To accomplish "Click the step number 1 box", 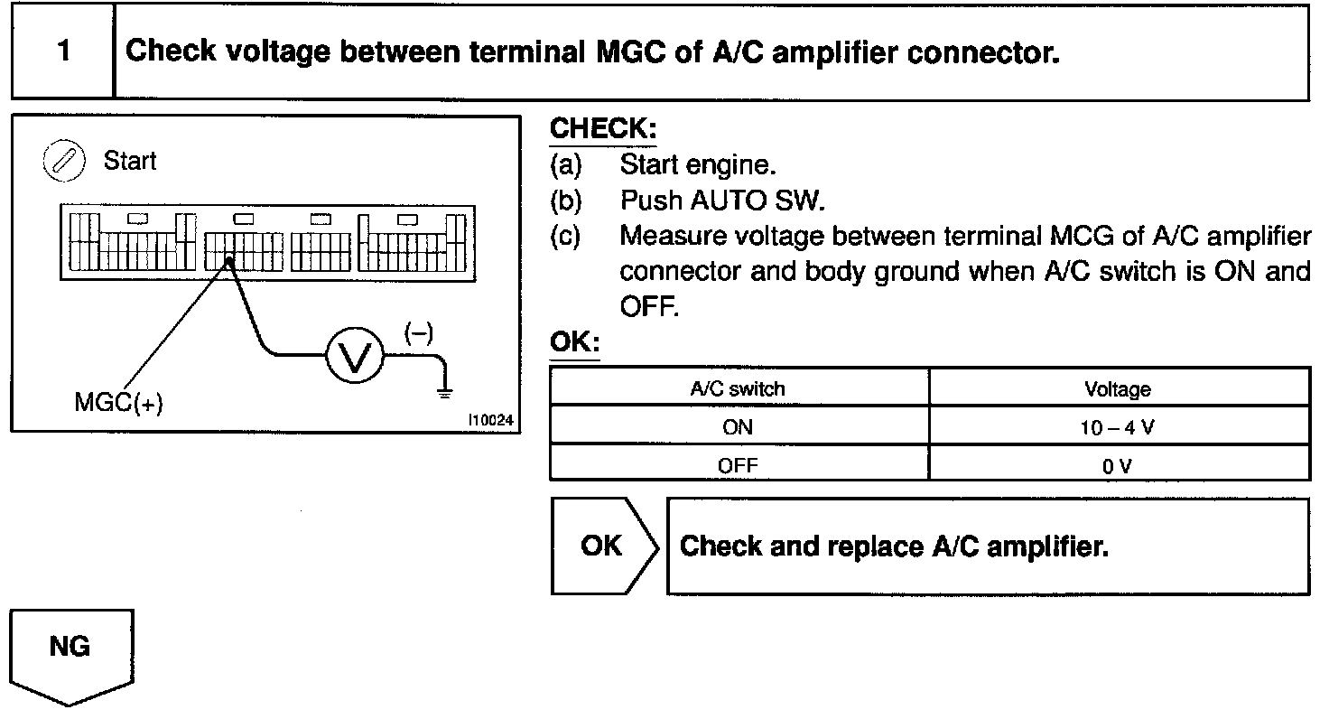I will (62, 51).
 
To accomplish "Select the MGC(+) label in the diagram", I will (118, 404).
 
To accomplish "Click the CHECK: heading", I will (603, 129).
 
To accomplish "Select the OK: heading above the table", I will (574, 344).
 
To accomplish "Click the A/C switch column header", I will (738, 388).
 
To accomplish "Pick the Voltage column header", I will (1118, 388).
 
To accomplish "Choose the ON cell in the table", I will (738, 427).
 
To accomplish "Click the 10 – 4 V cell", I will (1118, 427).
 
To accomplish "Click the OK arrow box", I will (601, 546).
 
